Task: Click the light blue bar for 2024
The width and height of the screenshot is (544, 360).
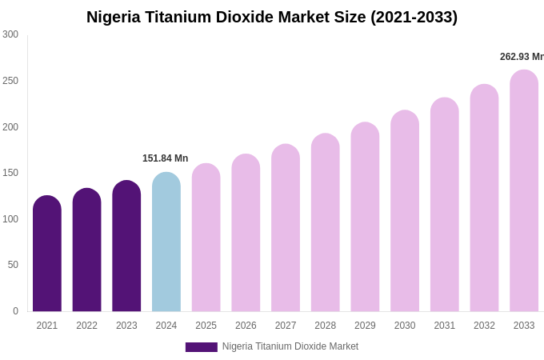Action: [166, 242]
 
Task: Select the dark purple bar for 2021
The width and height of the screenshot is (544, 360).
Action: [47, 254]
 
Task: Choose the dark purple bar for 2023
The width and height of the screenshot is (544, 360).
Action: [126, 246]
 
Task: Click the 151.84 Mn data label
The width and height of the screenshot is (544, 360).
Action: [165, 158]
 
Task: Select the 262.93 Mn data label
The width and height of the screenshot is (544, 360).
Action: [522, 57]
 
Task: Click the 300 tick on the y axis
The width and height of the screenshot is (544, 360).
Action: [10, 34]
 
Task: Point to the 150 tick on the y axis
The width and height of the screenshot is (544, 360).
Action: [10, 173]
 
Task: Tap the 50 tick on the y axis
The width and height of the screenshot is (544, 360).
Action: [13, 265]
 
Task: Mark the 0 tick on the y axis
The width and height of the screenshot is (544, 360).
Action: [15, 311]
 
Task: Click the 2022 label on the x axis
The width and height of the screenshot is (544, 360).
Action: [86, 326]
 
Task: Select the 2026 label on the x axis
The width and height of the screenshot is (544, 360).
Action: [246, 326]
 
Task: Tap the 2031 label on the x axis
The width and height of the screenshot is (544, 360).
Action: [445, 326]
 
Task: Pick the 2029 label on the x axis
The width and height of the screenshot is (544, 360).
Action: [365, 326]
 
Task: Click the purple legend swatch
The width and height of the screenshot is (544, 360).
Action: [201, 347]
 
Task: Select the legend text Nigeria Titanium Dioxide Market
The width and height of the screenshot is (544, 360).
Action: [290, 346]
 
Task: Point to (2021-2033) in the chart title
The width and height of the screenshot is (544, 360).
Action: [414, 17]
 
